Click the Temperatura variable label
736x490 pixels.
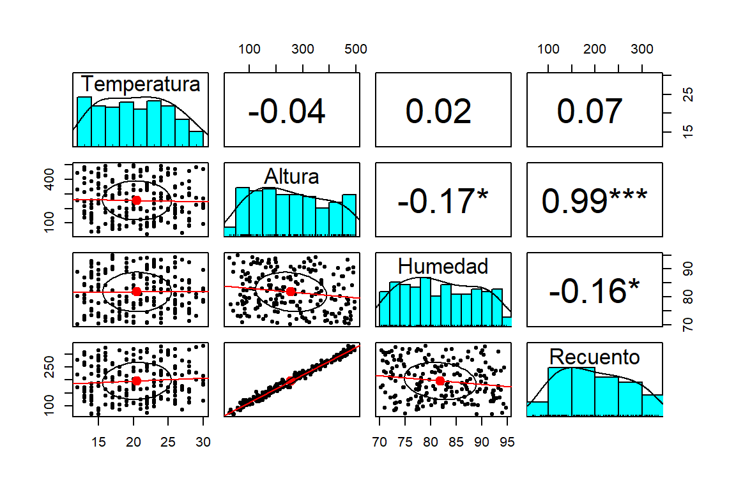141,84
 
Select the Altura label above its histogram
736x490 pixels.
291,175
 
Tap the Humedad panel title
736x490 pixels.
443,265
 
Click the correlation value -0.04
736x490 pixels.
287,112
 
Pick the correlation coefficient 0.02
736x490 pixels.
438,112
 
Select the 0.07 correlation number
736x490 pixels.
590,112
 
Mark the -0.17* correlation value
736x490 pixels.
443,202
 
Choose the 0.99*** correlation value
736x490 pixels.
594,202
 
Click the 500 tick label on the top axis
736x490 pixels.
355,49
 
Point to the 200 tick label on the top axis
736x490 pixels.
595,49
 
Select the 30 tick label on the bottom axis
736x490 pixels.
203,441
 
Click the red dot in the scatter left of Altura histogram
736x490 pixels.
136,200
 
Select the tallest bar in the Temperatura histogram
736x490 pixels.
84,121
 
